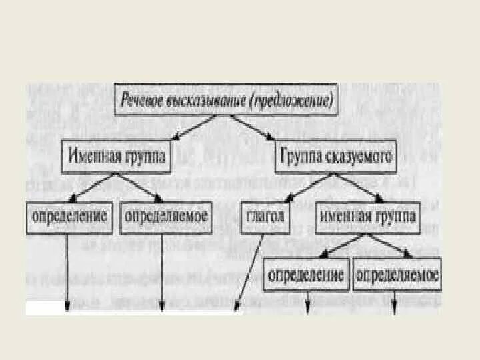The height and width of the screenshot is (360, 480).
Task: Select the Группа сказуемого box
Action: pyautogui.click(x=335, y=158)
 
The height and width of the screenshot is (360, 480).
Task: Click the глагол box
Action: pyautogui.click(x=265, y=217)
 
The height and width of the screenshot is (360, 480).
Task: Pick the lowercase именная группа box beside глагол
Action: pyautogui.click(x=368, y=217)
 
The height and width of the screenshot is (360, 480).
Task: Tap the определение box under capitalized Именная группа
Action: pyautogui.click(x=69, y=217)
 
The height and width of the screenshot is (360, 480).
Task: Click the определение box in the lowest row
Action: pyautogui.click(x=307, y=275)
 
